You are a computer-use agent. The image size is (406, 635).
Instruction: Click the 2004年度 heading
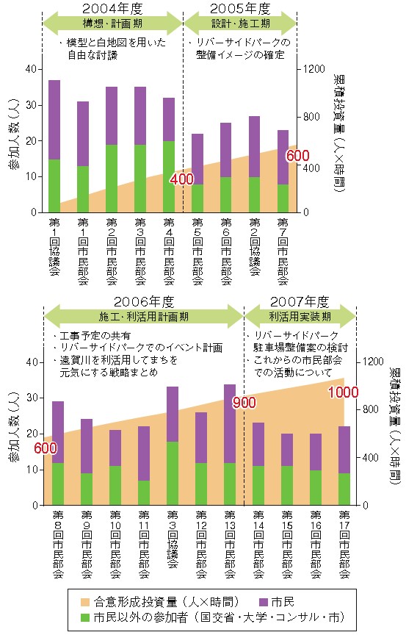(x=112, y=8)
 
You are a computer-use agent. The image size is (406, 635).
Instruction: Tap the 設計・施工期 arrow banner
(x=240, y=24)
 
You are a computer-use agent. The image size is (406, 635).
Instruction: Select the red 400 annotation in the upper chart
(x=181, y=179)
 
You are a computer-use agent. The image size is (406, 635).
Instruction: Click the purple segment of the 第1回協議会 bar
(x=54, y=120)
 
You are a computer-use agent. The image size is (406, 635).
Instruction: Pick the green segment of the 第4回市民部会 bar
(x=169, y=176)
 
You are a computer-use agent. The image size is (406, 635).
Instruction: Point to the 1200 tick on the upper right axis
(x=314, y=69)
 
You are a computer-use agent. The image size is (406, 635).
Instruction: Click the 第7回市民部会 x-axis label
(x=283, y=251)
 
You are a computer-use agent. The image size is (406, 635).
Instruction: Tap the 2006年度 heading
(x=144, y=301)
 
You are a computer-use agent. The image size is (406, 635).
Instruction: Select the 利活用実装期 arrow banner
(x=300, y=316)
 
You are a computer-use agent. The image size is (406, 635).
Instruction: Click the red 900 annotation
(x=244, y=403)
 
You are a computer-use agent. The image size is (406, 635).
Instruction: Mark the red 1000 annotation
(x=343, y=392)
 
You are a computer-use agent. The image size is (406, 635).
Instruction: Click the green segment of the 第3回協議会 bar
(x=173, y=473)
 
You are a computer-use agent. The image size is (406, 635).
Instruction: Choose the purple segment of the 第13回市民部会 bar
(x=230, y=423)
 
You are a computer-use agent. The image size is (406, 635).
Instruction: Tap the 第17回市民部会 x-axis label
(x=344, y=545)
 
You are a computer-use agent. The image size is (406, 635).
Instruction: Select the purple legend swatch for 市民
(x=263, y=602)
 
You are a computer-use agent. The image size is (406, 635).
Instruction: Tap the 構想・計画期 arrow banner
(x=112, y=24)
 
